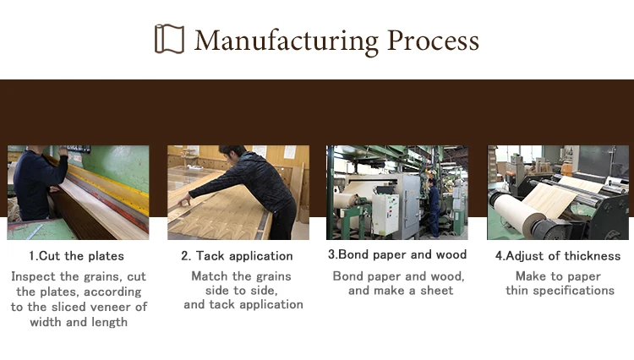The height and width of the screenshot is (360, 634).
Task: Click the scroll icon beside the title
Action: click(x=169, y=39)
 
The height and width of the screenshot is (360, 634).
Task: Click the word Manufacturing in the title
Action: click(x=287, y=41)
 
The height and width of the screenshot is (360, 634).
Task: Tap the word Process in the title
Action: click(x=433, y=41)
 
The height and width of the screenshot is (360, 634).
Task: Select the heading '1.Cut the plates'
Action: click(x=76, y=256)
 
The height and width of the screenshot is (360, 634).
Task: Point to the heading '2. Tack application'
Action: click(x=237, y=256)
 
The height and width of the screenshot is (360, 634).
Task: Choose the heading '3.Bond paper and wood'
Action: click(x=397, y=254)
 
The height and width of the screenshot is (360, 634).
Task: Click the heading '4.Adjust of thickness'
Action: click(x=558, y=256)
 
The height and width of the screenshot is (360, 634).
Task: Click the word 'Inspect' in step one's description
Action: click(x=33, y=277)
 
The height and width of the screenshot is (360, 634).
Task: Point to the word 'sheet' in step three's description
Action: click(x=437, y=291)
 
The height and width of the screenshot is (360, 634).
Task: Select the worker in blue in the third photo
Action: click(x=434, y=208)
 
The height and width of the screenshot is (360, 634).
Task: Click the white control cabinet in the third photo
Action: click(x=385, y=214)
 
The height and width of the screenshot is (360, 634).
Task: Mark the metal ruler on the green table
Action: click(x=34, y=232)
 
